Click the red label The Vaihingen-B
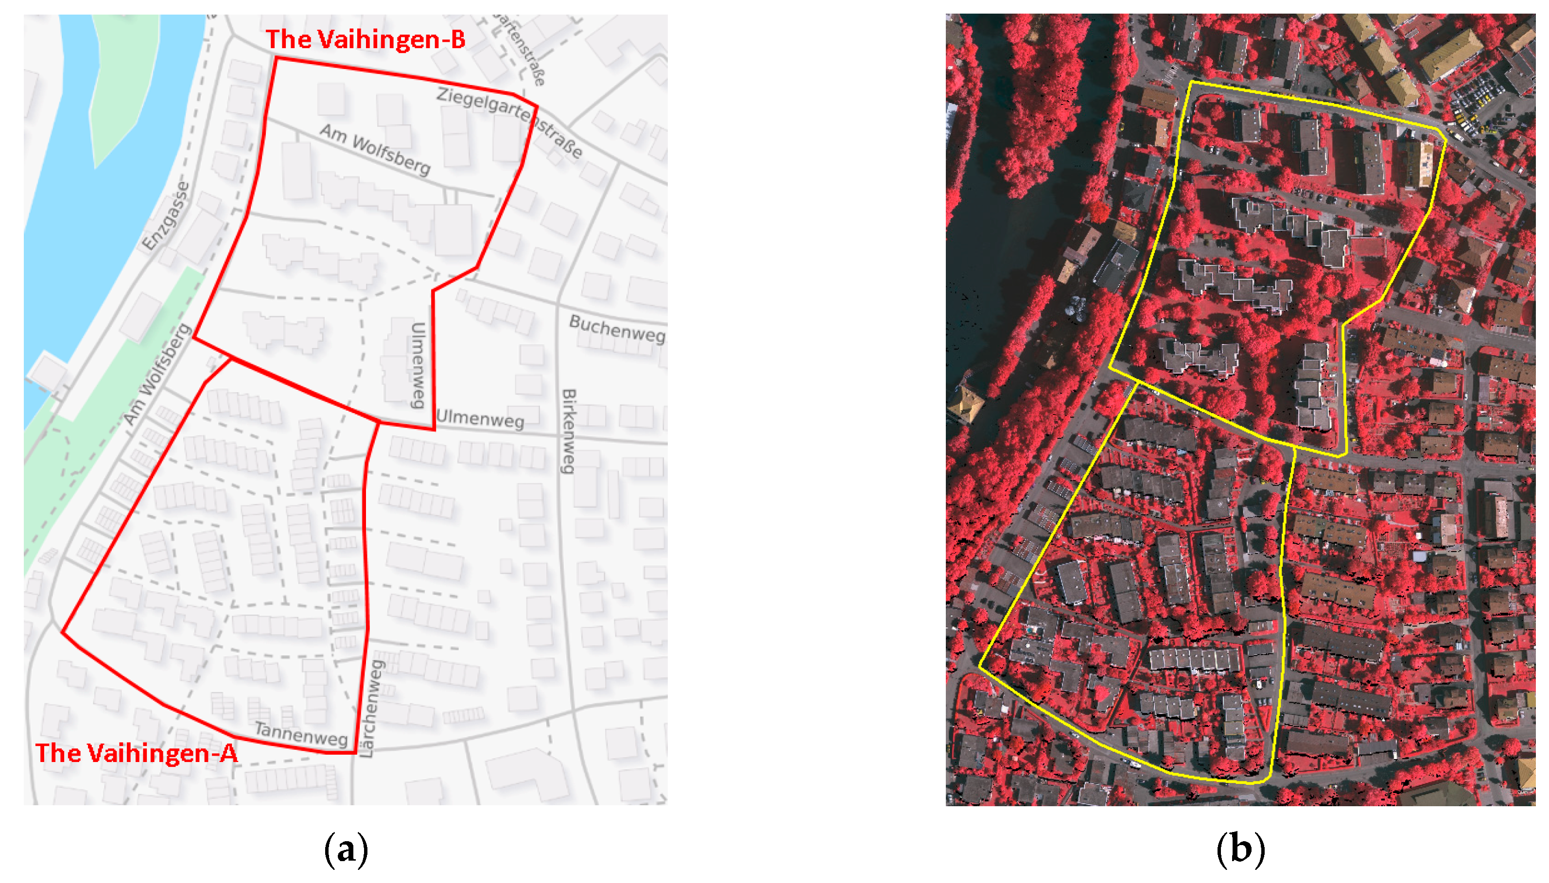tap(365, 39)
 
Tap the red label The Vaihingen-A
tap(137, 753)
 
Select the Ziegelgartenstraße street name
tap(509, 122)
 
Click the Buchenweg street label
tap(616, 329)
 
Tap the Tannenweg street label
tap(301, 734)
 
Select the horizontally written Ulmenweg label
tap(480, 419)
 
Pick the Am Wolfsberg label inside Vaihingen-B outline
tap(375, 149)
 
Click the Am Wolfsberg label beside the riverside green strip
tap(157, 375)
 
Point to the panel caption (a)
tap(346, 849)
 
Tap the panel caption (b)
tap(1240, 849)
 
